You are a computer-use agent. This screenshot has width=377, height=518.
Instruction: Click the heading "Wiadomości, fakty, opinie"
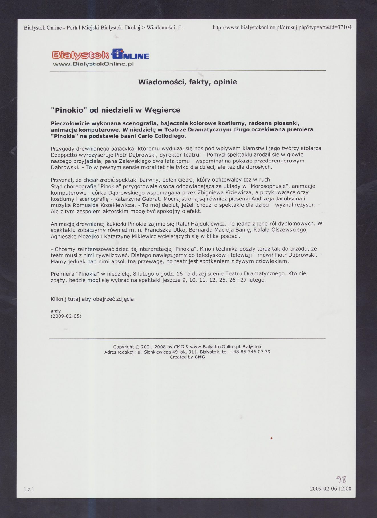click(187, 82)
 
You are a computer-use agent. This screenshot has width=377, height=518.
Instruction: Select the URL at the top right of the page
click(282, 27)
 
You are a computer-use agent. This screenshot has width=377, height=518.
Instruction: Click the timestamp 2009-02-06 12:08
click(330, 489)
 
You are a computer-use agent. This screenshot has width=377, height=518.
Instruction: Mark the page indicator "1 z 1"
click(29, 489)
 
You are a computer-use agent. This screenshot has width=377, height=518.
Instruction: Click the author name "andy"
click(56, 311)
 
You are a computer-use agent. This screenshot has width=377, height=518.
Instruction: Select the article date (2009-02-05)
click(66, 316)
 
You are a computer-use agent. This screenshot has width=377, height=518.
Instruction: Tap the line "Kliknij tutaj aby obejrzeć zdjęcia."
click(93, 299)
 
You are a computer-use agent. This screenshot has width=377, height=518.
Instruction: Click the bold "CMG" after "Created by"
click(200, 357)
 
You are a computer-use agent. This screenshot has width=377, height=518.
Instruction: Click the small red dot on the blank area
click(271, 438)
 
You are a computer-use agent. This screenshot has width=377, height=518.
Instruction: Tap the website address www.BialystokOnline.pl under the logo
click(94, 64)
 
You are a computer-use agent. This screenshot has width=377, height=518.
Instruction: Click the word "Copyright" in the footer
click(123, 347)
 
